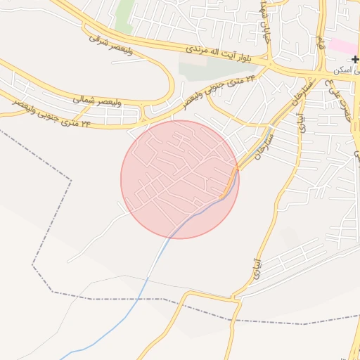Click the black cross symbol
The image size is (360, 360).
click(355, 60)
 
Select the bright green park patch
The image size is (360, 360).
click(124, 15)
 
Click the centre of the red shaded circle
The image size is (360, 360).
click(180, 179)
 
